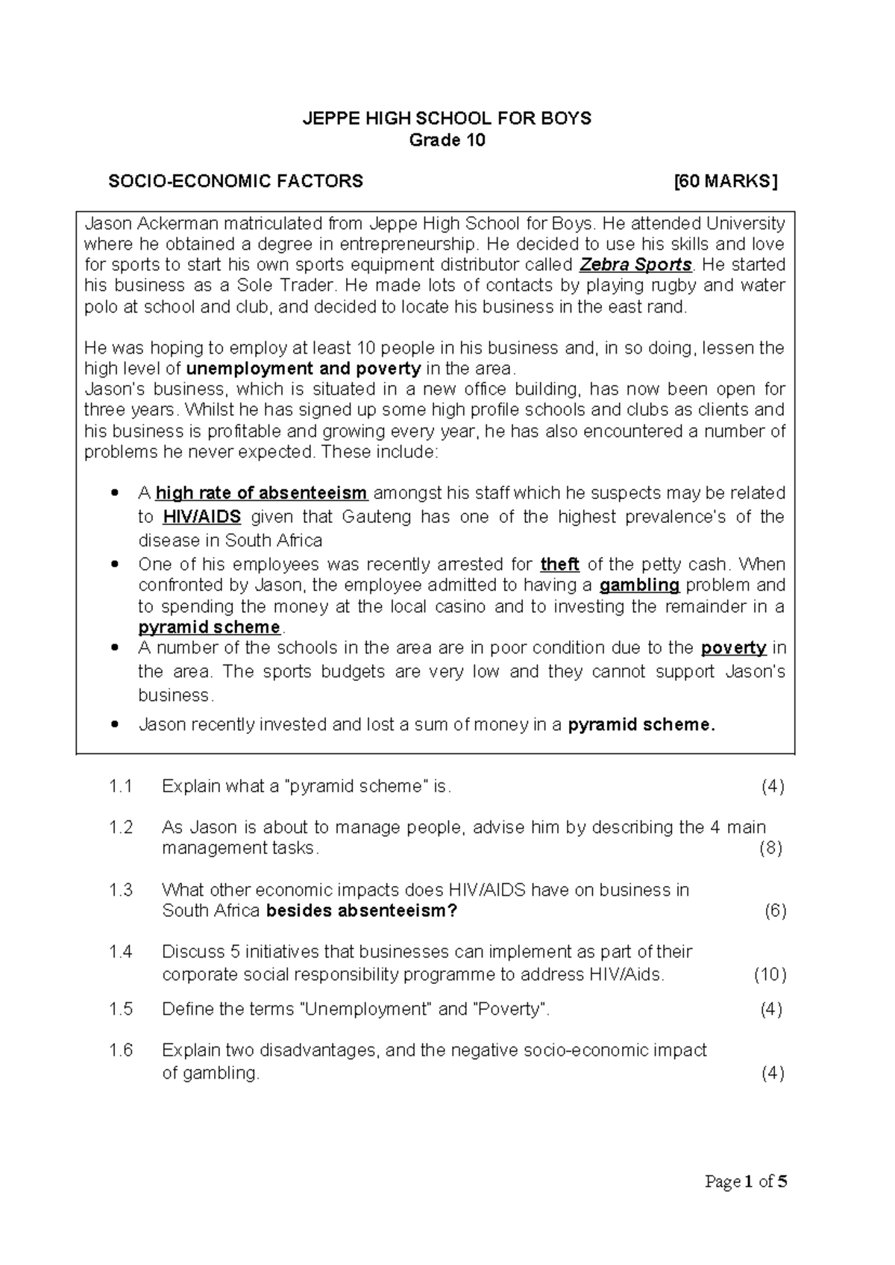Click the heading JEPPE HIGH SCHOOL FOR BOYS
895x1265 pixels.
[x=446, y=118]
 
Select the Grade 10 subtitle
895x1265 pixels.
[x=447, y=140]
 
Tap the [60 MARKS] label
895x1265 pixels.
[x=725, y=181]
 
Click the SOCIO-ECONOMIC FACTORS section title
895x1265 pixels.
[x=236, y=181]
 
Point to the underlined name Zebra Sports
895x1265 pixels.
[x=635, y=265]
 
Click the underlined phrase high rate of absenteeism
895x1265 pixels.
[x=261, y=493]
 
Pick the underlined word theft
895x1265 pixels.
[x=559, y=565]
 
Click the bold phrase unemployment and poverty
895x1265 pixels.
[x=304, y=368]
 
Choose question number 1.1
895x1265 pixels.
[x=120, y=786]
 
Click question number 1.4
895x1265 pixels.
[x=120, y=952]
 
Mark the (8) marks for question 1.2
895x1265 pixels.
[x=770, y=848]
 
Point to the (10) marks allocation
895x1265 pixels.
[x=770, y=975]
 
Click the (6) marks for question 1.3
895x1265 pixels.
[x=776, y=911]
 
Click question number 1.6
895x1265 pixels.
[x=120, y=1050]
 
